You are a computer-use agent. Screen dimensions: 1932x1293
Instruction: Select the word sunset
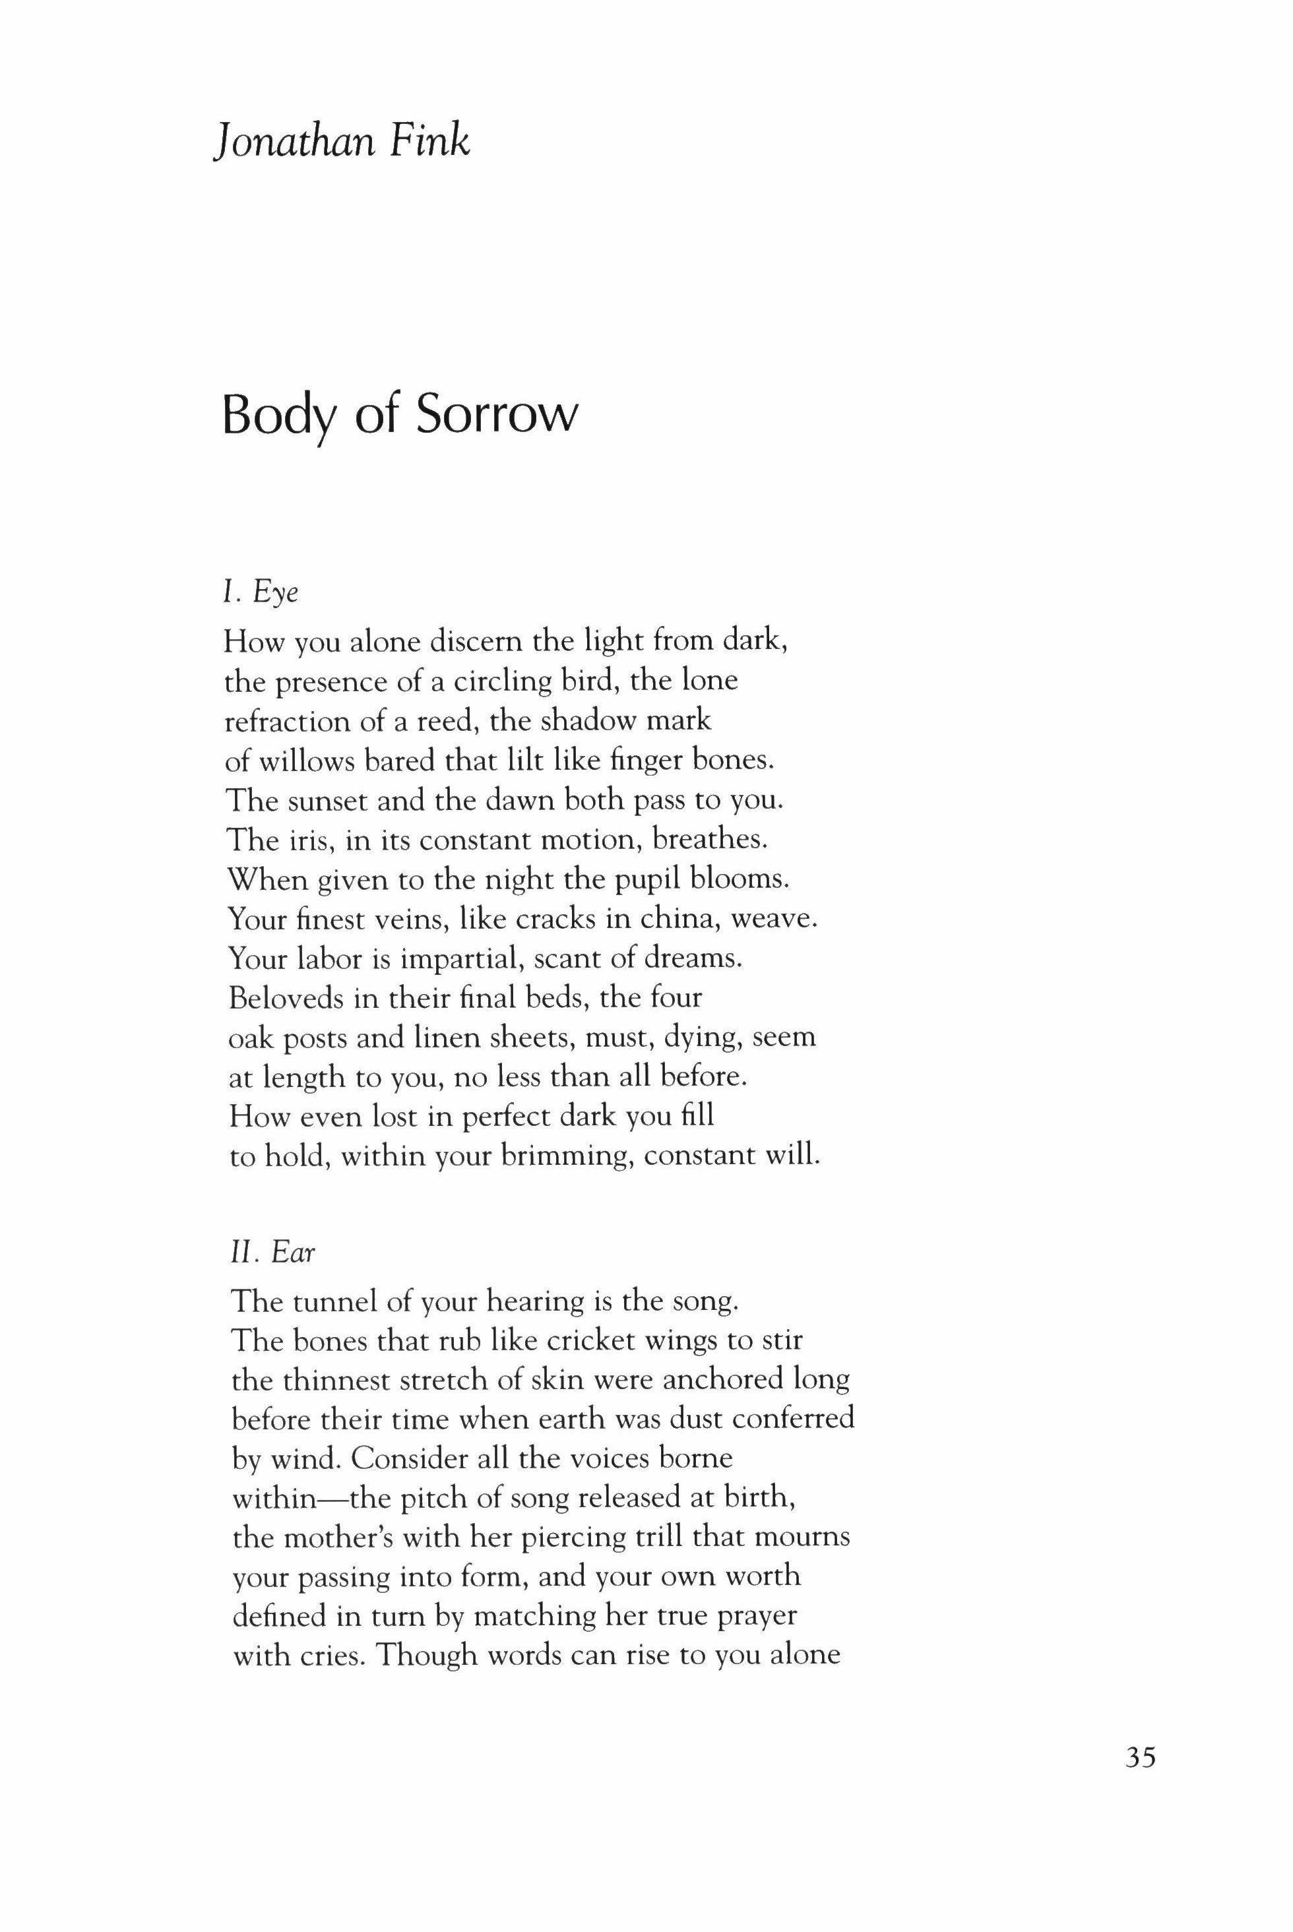tap(316, 801)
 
